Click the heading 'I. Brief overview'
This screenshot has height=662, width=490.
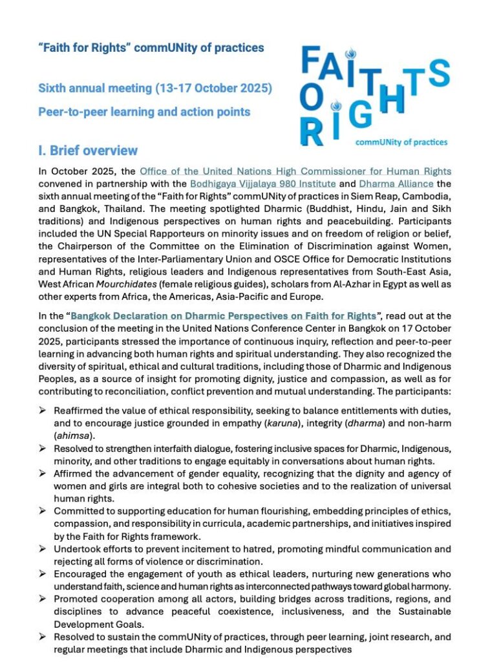(88, 151)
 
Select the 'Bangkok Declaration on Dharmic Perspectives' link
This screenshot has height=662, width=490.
(223, 315)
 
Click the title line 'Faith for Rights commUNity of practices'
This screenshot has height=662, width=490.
(151, 48)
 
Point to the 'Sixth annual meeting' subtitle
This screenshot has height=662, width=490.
(155, 87)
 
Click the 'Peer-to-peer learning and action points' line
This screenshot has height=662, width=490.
(144, 111)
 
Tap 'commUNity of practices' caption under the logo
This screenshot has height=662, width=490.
(401, 142)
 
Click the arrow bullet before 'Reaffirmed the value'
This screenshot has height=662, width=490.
(43, 411)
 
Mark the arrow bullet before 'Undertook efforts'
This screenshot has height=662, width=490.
(43, 549)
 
